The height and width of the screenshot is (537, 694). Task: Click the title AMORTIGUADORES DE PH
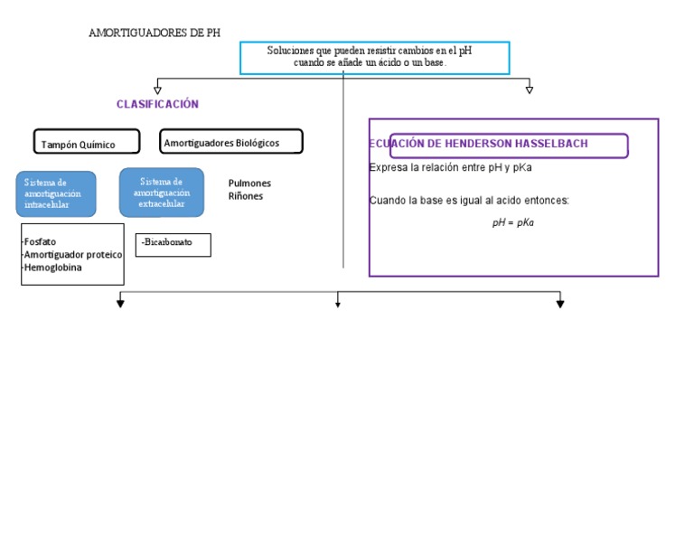[x=155, y=33]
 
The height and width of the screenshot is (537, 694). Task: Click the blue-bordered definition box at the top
[x=374, y=57]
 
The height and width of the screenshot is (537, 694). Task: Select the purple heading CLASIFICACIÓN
[x=157, y=104]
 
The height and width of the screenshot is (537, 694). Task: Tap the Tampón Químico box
[x=87, y=143]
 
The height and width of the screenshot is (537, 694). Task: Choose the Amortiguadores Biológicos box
[x=231, y=142]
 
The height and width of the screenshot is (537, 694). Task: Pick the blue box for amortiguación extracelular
[x=162, y=192]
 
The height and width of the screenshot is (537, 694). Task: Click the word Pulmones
[x=249, y=183]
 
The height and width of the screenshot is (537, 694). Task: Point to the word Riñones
[x=246, y=195]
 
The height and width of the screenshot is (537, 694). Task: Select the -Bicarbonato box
[x=173, y=244]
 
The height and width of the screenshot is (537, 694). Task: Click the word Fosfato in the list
[x=40, y=242]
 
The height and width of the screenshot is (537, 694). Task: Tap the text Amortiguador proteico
[x=73, y=255]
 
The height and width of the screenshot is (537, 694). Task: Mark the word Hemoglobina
[x=53, y=268]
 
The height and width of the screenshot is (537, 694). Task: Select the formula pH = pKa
[x=512, y=222]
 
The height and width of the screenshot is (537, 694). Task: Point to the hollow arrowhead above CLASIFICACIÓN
[x=158, y=89]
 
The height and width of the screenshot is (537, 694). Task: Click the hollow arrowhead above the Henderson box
[x=530, y=89]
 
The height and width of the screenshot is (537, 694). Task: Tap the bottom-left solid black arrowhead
[x=120, y=304]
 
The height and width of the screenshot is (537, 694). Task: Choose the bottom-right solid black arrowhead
[x=560, y=304]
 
